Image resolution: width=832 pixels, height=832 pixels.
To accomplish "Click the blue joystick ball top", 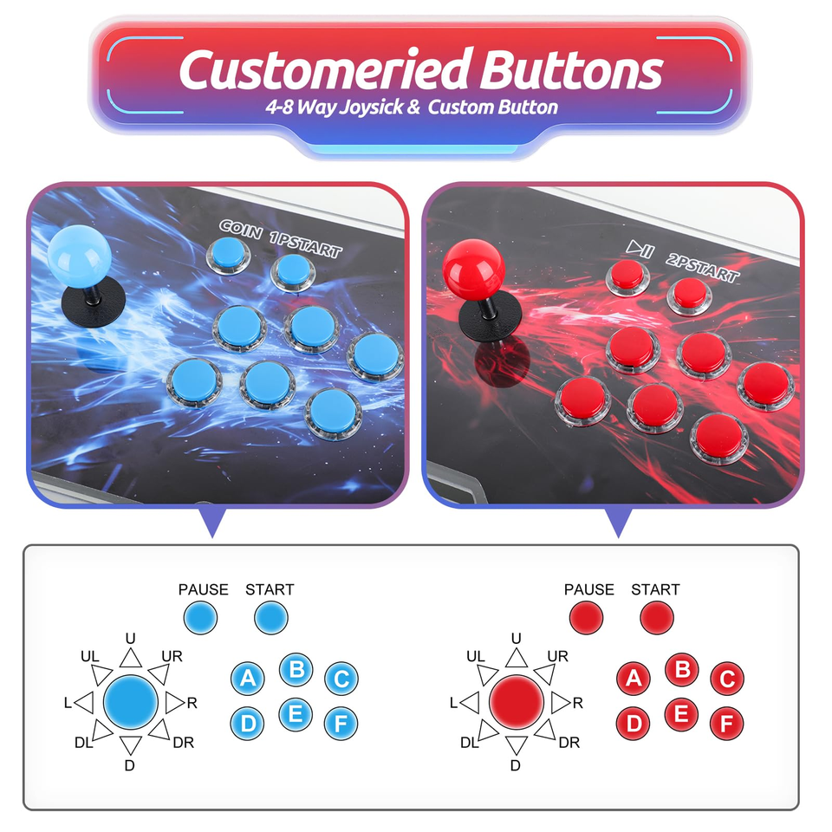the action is (80, 254).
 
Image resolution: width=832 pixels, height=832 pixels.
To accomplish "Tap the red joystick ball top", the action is (474, 269).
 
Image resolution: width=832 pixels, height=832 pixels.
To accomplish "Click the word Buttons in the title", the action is (571, 69).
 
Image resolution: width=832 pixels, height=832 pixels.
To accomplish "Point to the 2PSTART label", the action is (703, 267).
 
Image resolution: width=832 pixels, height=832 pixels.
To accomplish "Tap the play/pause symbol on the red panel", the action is (640, 248).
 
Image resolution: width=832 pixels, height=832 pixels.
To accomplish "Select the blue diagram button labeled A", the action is (248, 678).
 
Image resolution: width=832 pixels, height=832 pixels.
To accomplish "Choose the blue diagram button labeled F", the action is (341, 723).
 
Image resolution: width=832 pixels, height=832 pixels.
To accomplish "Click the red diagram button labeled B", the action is (682, 670).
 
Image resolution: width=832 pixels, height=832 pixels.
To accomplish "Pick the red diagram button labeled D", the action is (634, 723).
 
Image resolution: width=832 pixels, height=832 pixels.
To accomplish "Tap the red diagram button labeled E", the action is (681, 715).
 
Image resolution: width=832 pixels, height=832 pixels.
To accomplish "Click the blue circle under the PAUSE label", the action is (200, 618).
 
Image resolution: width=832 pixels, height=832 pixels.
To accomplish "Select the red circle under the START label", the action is (657, 618).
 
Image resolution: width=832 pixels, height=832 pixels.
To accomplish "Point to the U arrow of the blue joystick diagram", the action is (131, 658).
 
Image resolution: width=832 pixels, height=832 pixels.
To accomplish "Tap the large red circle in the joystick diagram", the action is (517, 702).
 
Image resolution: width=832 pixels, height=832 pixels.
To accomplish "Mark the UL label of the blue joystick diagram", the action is (89, 656).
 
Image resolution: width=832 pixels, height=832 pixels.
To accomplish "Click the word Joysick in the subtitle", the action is (371, 107).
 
